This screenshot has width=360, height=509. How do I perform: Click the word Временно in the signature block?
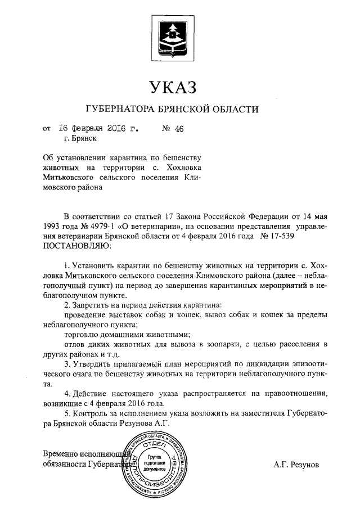click(62, 453)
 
